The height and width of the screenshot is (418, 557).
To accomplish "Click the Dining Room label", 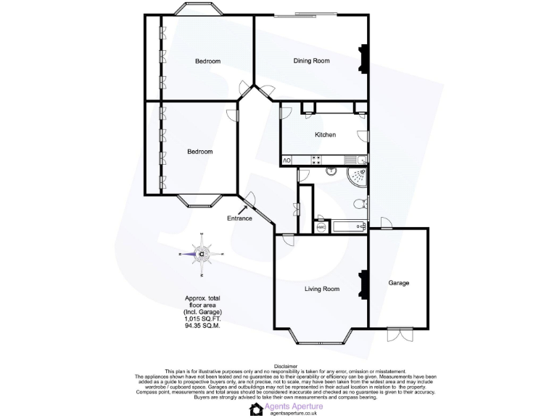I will click(311, 61).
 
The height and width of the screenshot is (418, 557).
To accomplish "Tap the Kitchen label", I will click(325, 136).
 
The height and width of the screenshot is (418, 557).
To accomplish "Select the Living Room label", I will click(321, 290).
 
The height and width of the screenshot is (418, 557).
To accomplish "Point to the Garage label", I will click(399, 283).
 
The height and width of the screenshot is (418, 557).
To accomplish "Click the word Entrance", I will click(239, 218).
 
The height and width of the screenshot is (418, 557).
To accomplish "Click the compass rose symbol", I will click(202, 254).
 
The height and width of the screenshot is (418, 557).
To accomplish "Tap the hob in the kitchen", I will click(316, 160).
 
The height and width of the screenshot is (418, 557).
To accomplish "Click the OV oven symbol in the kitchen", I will click(286, 160).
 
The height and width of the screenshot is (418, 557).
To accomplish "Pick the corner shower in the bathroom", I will click(358, 176).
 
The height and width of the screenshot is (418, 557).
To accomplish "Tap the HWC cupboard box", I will click(322, 227).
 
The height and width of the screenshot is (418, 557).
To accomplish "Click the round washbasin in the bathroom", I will click(330, 172).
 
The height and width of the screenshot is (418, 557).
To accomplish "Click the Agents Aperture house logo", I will click(256, 409).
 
